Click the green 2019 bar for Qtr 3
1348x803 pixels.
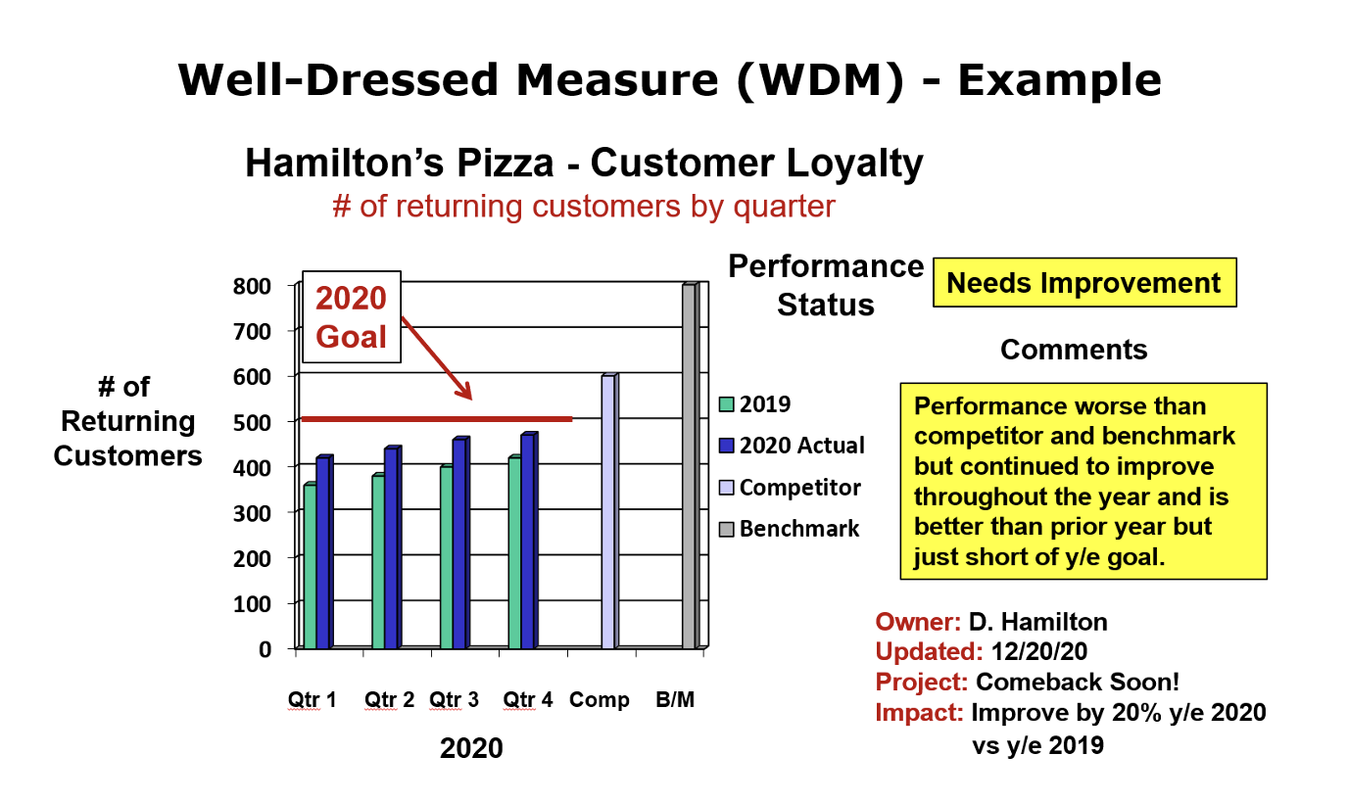[446, 557]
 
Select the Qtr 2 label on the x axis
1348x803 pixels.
[390, 700]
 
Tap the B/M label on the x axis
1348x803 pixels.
[675, 700]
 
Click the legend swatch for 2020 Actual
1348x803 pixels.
[726, 446]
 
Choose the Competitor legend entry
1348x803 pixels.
[799, 488]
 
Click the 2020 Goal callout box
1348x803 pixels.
[351, 317]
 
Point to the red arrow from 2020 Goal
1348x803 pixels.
[437, 357]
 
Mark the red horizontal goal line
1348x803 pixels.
[436, 419]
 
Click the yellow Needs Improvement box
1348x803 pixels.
[1083, 284]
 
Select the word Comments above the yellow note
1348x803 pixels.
[1074, 350]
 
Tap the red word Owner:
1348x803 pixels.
[918, 622]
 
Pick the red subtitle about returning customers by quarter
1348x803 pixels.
[584, 207]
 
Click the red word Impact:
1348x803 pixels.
[919, 713]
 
